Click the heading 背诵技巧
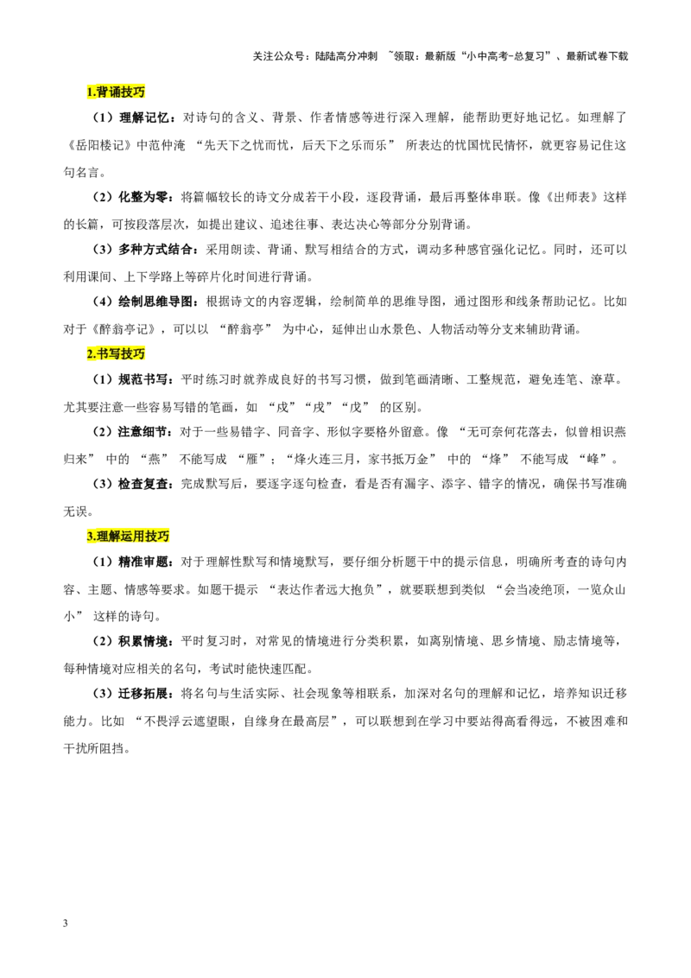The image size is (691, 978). pos(121,92)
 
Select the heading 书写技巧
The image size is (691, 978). pos(121,354)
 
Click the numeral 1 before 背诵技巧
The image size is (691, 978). pos(89,92)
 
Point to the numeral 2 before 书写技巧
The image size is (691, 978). pos(89,354)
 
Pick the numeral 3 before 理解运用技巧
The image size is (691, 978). pos(89,537)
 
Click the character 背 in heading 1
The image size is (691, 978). pos(103,92)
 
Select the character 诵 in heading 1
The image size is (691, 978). pos(115,92)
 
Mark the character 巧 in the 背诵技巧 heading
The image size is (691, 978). pos(140,92)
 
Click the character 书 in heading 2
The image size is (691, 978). pos(103,354)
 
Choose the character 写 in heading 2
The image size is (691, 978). pos(115,354)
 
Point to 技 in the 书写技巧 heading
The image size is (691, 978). pos(127,354)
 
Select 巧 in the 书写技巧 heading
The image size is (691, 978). pos(140,354)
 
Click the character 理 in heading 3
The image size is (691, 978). pos(103,537)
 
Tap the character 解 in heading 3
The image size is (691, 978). pos(115,537)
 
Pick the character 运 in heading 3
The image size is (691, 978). pos(127,537)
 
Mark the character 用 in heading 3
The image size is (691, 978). pos(139,537)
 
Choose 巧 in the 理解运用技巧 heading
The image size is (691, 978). pos(164,537)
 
